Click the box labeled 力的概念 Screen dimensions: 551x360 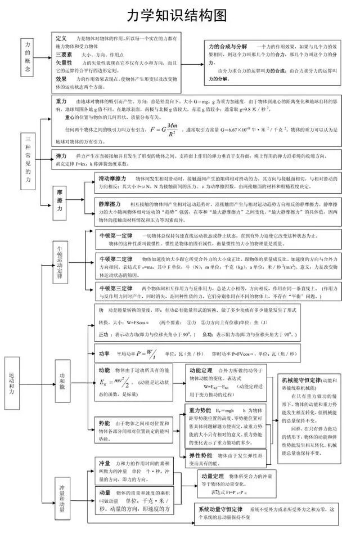[28, 57]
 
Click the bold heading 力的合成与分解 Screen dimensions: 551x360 [228, 46]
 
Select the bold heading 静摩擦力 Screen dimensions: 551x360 [110, 204]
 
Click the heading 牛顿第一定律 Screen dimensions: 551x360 [116, 235]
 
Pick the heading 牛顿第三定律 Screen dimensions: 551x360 [116, 288]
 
